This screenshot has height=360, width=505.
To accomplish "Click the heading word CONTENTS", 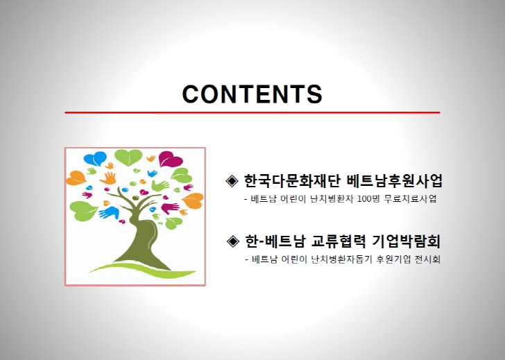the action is [252, 94].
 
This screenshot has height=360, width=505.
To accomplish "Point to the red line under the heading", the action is [252, 112].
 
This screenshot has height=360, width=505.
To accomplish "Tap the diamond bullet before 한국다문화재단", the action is [232, 181].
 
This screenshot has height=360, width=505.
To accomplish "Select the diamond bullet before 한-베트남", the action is [233, 241].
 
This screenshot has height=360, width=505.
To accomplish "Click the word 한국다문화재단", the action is [292, 180].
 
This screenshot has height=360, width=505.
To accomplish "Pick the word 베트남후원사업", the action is [395, 180].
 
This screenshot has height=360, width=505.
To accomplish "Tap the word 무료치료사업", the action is [411, 198].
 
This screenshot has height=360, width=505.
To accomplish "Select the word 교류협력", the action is [339, 241].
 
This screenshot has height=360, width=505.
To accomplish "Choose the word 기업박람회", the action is [406, 241].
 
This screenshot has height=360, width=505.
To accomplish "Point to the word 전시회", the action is [427, 259].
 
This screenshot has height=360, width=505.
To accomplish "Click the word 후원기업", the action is [393, 259].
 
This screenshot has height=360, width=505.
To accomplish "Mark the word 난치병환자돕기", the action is [342, 259].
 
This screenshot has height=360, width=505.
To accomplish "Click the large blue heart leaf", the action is [95, 158].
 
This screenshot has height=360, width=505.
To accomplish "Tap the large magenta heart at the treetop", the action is [171, 159].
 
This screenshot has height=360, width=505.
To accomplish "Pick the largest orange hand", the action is [108, 178].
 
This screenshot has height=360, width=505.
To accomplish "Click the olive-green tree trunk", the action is [144, 239].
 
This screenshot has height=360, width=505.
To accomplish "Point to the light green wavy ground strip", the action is [142, 270].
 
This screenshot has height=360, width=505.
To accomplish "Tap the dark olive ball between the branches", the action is [135, 198].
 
